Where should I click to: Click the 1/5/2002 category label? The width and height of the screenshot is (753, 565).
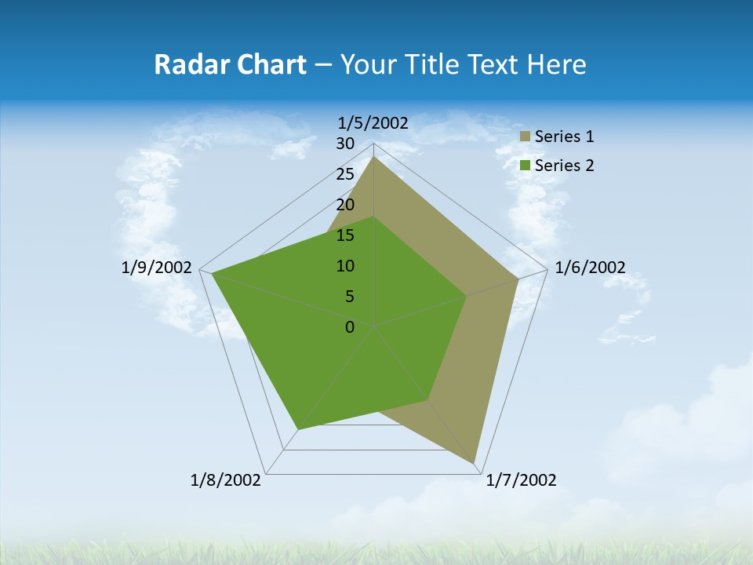pos(373,122)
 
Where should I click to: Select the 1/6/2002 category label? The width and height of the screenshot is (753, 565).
pos(590,268)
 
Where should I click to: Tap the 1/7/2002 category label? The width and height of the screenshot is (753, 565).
pos(521,480)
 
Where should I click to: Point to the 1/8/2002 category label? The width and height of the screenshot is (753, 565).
pos(226,480)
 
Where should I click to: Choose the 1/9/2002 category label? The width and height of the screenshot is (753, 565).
pos(157,268)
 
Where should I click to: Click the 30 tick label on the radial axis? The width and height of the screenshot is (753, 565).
pos(345,144)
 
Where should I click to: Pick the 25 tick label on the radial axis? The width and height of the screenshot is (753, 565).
pos(345,174)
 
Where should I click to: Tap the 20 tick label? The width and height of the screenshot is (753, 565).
pos(345,205)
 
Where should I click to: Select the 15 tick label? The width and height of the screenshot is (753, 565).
pos(345,235)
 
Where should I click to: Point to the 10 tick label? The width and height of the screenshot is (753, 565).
pos(345,266)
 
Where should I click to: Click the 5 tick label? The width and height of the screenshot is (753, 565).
pos(350,297)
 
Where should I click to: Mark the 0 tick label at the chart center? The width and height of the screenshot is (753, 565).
pos(350,327)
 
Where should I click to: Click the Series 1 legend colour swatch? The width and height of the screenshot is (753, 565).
pos(526,137)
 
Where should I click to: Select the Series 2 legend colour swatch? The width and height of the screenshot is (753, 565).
pos(526,166)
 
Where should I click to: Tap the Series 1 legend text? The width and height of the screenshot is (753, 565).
pos(564,137)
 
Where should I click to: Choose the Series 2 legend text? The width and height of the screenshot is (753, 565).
pos(564,166)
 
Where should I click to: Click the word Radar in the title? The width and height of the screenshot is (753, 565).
pos(186,64)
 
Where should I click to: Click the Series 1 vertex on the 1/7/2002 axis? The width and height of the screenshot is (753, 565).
pos(475,464)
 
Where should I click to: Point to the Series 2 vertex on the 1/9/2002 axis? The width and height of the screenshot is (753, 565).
pos(213,274)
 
